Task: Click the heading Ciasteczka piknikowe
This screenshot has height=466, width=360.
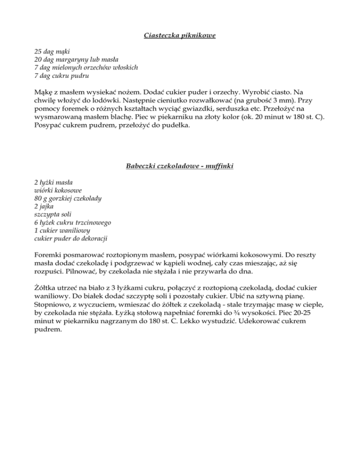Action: pos(180,35)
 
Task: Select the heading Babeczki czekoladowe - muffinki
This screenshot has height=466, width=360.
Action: pos(180,166)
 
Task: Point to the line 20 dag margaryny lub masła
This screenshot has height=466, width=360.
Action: pos(76,60)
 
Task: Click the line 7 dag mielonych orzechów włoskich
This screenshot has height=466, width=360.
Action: pos(86,68)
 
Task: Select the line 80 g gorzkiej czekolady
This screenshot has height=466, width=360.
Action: pos(68,198)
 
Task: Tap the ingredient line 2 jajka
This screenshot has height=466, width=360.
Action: pos(45,206)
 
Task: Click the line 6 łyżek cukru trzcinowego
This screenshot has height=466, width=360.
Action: pos(73,223)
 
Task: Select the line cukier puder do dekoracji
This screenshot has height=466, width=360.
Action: pos(70,239)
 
